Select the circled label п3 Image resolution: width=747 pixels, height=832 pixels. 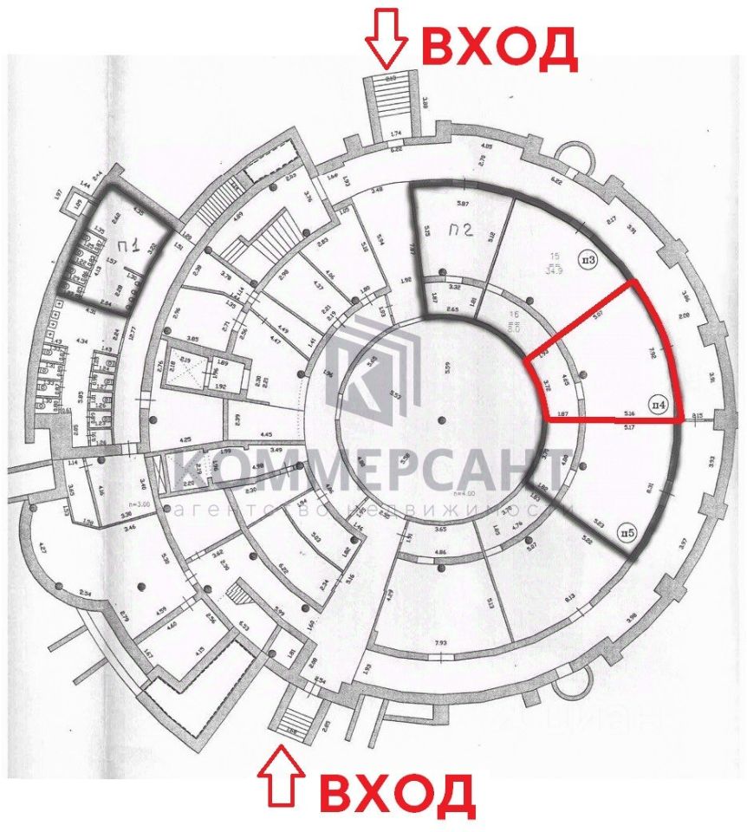click(589, 259)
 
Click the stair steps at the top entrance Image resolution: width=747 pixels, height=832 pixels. click(390, 100)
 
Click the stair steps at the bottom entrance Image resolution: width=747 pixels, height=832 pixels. click(296, 718)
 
